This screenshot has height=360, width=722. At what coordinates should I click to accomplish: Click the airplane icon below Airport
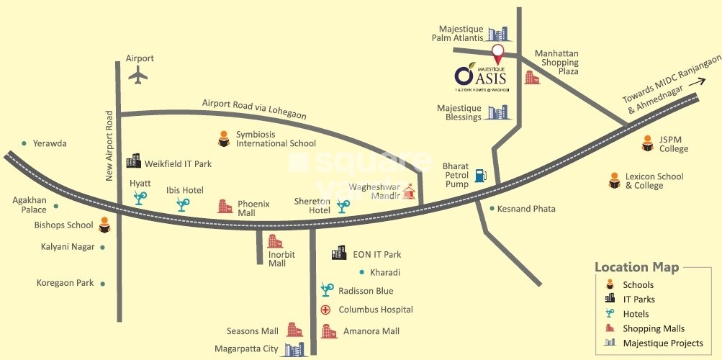pyautogui.click(x=137, y=74)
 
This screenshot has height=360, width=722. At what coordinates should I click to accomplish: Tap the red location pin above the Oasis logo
pyautogui.click(x=497, y=53)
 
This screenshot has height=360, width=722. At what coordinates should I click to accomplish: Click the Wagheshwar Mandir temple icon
pyautogui.click(x=410, y=191)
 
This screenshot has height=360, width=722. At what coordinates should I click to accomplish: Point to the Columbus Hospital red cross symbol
pyautogui.click(x=325, y=310)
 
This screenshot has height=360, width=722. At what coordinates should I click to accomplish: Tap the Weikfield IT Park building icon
pyautogui.click(x=134, y=163)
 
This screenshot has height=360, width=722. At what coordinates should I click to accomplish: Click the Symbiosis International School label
pyautogui.click(x=276, y=139)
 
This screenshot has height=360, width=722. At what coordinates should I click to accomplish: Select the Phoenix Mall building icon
pyautogui.click(x=225, y=207)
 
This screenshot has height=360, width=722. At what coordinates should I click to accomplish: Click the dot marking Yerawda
pyautogui.click(x=24, y=143)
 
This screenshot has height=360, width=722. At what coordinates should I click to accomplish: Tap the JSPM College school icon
pyautogui.click(x=646, y=145)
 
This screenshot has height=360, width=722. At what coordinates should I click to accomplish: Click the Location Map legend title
pyautogui.click(x=636, y=268)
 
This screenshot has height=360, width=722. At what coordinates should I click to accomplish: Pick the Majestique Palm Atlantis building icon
pyautogui.click(x=498, y=33)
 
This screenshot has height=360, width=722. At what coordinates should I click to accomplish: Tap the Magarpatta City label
pyautogui.click(x=246, y=349)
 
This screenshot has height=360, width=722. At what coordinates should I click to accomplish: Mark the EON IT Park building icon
pyautogui.click(x=338, y=253)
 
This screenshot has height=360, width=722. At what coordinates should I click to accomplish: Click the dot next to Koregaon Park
pyautogui.click(x=103, y=284)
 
